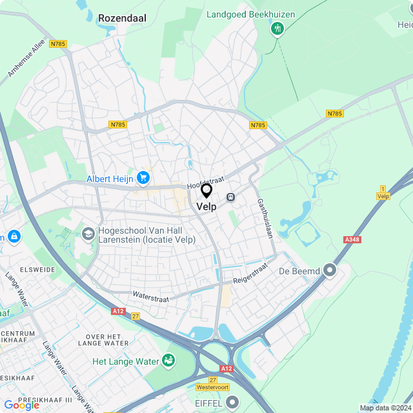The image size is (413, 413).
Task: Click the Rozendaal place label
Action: (122, 19)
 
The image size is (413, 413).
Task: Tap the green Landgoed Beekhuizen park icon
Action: (277, 28)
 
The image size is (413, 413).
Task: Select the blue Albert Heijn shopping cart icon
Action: (143, 177)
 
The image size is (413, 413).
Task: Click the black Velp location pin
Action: (206, 191)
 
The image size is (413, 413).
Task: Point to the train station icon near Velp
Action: (230, 197)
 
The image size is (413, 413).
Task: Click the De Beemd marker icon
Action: (330, 270)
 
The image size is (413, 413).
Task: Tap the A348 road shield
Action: (352, 239)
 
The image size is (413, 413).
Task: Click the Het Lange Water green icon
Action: (168, 360)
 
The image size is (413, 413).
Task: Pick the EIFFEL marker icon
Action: (232, 402)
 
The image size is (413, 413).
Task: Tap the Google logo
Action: (21, 405)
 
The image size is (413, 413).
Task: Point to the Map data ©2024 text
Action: (385, 408)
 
